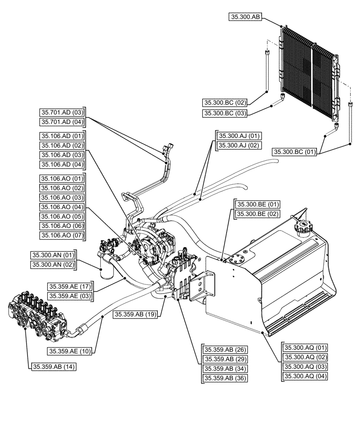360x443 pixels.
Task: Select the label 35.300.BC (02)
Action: (225, 103)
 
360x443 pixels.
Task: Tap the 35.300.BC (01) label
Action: (295, 152)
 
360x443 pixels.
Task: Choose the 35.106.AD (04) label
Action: (62, 164)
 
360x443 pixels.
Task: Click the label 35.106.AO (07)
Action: (62, 235)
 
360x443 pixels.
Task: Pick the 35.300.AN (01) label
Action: (53, 255)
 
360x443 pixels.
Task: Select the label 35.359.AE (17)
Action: (70, 286)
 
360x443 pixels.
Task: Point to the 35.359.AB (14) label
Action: (53, 367)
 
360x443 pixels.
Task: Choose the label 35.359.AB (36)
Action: (225, 378)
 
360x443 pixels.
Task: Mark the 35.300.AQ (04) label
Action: (305, 376)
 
